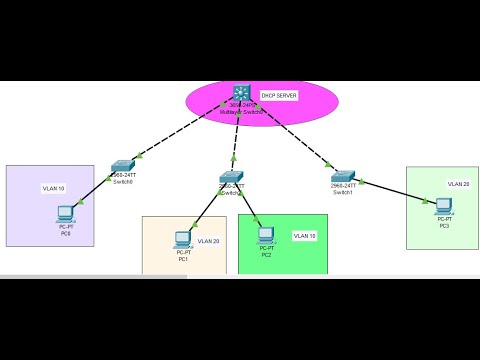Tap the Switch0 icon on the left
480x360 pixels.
(x=123, y=165)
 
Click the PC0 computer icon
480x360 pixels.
(x=65, y=213)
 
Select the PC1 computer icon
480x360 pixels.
(x=183, y=239)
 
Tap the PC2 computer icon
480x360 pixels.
(x=266, y=236)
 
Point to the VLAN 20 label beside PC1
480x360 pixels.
(x=208, y=241)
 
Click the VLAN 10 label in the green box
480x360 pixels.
(x=303, y=236)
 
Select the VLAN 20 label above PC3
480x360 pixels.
(x=457, y=184)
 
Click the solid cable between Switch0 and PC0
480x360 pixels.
(x=95, y=189)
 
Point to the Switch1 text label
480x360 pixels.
(x=344, y=191)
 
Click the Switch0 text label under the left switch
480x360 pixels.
(x=123, y=182)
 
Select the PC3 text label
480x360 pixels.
(x=444, y=226)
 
